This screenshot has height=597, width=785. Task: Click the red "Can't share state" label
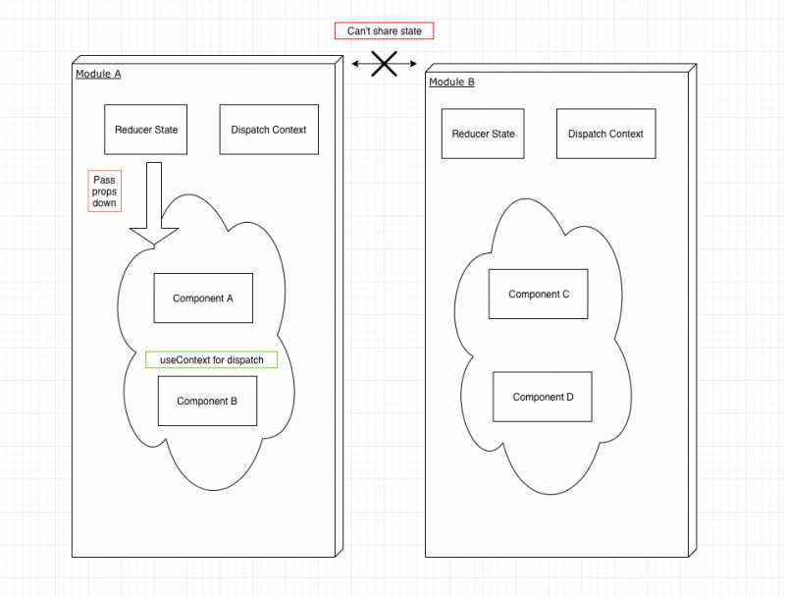click(385, 31)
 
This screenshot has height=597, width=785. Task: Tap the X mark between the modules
click(383, 64)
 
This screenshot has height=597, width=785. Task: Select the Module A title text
click(98, 74)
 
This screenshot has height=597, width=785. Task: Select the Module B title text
click(451, 81)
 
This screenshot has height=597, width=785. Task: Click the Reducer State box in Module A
click(146, 130)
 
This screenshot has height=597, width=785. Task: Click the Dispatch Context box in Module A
click(269, 130)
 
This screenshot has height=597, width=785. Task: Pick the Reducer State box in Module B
click(483, 134)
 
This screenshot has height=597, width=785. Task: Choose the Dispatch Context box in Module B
click(605, 134)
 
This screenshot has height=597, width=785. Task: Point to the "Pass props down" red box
click(104, 191)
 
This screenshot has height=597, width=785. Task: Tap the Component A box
click(203, 298)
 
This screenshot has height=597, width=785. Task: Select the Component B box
click(207, 401)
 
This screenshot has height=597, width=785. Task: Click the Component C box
click(539, 294)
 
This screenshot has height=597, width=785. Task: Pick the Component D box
click(543, 397)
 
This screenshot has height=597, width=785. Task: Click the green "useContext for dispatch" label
click(212, 360)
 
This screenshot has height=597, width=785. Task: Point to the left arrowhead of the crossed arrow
click(356, 65)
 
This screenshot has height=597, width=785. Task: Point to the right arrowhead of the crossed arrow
click(411, 65)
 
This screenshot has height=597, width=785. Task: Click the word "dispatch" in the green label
click(245, 360)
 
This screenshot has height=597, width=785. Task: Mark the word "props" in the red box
click(104, 191)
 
